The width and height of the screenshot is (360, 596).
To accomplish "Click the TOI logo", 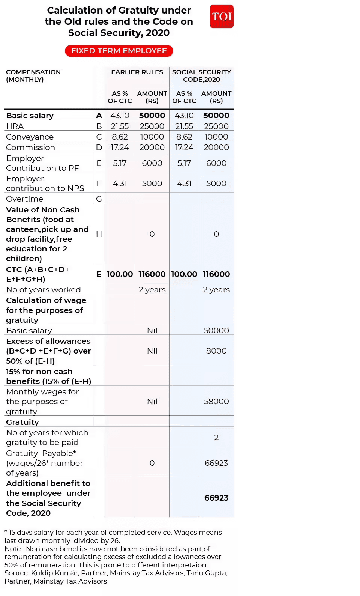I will tap(222, 16).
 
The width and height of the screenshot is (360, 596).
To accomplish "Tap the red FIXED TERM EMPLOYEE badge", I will tap(119, 51).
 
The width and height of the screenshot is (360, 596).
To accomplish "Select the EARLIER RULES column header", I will tap(137, 72).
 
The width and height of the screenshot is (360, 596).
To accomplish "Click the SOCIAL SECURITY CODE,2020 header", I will tap(201, 75).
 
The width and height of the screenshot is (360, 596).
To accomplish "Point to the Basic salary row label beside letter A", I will tap(30, 116).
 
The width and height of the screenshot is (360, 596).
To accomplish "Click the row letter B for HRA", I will tap(99, 126).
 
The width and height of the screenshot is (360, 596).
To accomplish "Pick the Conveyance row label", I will tap(30, 137).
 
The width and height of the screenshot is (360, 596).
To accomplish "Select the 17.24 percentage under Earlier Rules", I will tap(120, 147).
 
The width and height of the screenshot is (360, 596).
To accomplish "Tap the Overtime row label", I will tap(25, 199).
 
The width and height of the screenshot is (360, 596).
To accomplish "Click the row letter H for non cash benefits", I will tap(99, 234).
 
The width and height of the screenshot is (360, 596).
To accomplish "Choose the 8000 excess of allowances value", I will tap(216, 351).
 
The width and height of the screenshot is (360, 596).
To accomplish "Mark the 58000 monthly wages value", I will tap(216, 402).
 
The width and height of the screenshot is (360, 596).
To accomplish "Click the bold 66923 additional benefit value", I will tap(216, 498).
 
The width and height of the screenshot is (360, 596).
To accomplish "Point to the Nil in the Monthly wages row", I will tap(152, 402).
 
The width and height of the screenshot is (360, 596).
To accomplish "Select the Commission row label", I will tap(31, 147).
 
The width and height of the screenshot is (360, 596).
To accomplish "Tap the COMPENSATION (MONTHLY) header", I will tap(33, 75).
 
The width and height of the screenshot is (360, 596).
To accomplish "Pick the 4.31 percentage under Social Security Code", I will tap(184, 184).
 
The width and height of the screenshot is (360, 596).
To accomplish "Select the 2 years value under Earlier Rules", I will tap(152, 290).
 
